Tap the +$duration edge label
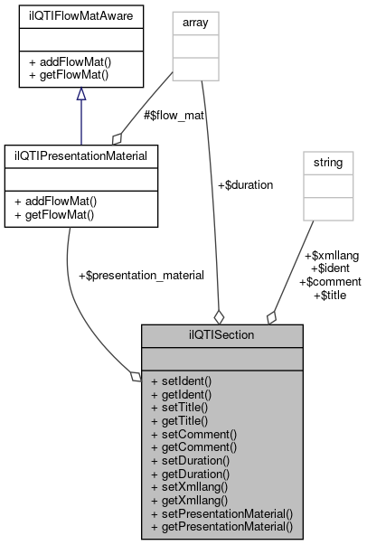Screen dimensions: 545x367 coord(246,184)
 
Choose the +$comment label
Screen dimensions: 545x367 coord(331,281)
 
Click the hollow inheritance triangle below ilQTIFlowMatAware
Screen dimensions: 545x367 coord(80,94)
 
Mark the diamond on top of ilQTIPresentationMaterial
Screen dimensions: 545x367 coord(116,137)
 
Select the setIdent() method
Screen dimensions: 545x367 coord(182,381)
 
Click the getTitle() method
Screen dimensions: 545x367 coord(179,420)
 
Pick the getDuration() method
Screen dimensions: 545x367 coord(191,473)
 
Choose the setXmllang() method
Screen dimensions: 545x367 coord(191,485)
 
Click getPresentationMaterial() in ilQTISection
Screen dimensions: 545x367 coord(222,525)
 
